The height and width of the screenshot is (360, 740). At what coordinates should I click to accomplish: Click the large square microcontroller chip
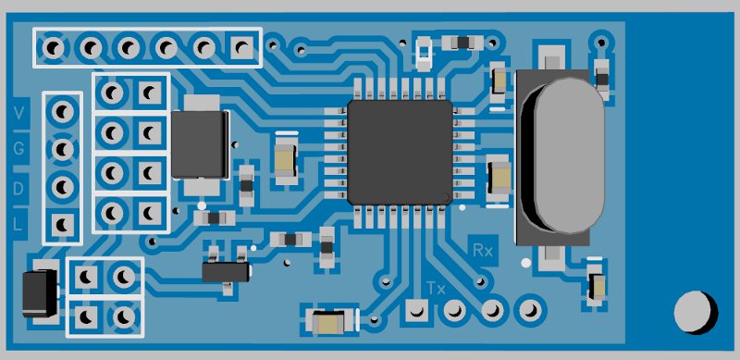click(x=400, y=152)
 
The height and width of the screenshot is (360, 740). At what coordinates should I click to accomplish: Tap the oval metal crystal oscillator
click(x=563, y=155)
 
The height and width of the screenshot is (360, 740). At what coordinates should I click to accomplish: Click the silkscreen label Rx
click(x=483, y=250)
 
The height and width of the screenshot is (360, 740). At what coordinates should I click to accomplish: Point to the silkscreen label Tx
click(x=436, y=288)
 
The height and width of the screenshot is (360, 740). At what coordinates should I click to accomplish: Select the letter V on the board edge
click(x=18, y=114)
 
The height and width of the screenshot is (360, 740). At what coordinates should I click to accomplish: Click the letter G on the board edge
click(x=18, y=150)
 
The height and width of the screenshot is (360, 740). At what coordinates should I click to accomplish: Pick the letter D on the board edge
click(x=18, y=189)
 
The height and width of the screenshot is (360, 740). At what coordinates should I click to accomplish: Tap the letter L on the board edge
click(x=18, y=223)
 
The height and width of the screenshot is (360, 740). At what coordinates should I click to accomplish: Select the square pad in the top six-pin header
click(x=242, y=47)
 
